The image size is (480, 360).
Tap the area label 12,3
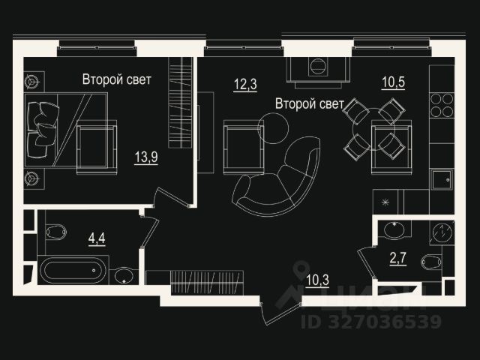point(244,83)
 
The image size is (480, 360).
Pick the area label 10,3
point(318,281)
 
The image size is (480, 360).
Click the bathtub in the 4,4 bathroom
point(73,271)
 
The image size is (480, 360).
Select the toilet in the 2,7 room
point(432,263)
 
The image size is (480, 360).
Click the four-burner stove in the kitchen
point(442,106)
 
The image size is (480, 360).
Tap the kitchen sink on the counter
point(441,181)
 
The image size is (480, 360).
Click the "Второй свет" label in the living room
point(309,103)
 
